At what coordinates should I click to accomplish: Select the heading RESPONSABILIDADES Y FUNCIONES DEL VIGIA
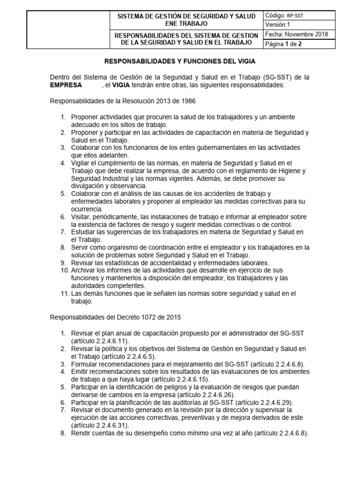[180, 61]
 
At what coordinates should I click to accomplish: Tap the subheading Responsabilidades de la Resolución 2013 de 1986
[123, 101]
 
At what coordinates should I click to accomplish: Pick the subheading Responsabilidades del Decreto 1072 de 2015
[115, 317]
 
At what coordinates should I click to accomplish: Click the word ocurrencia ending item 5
[87, 209]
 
